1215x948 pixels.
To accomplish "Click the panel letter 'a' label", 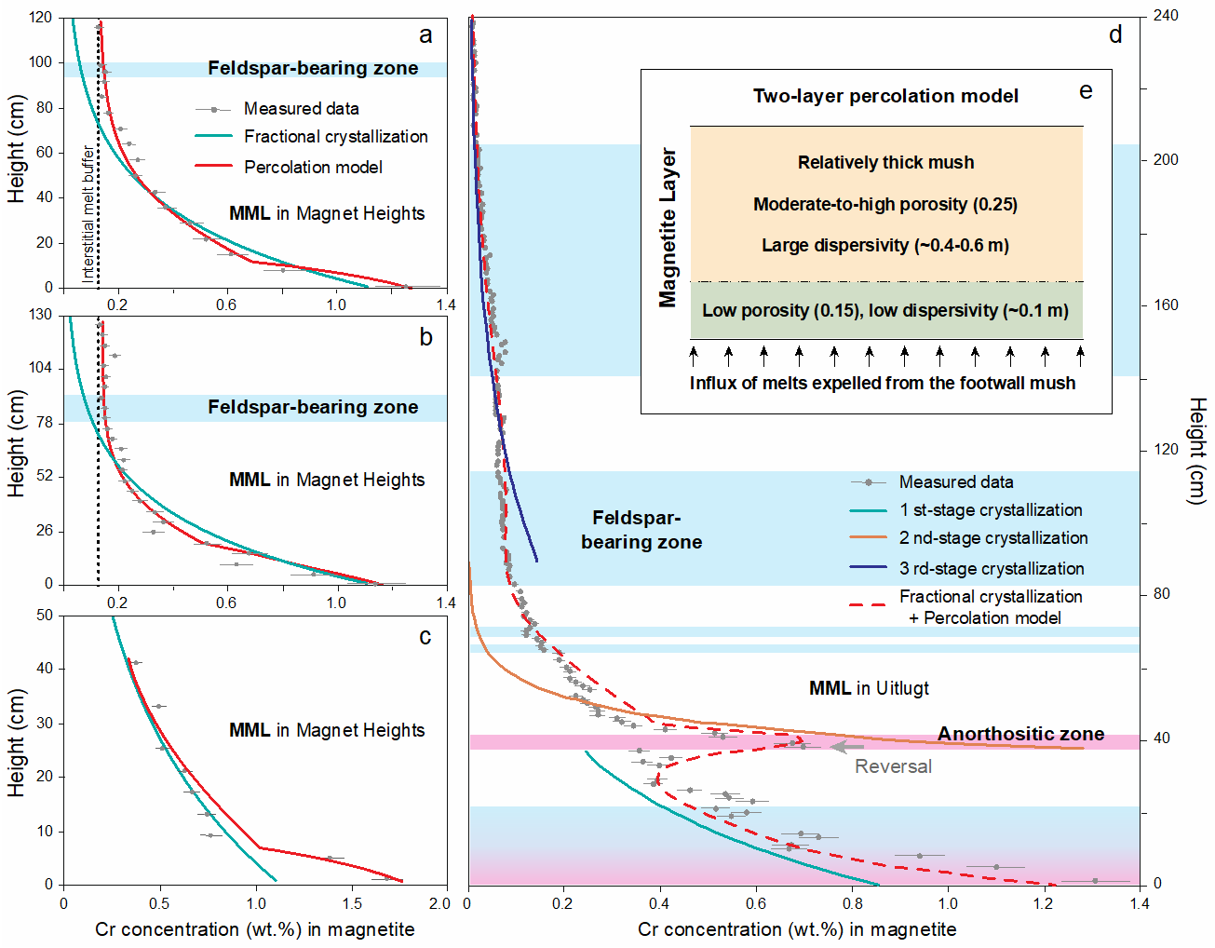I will pyautogui.click(x=425, y=36).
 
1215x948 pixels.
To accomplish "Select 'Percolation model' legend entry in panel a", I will pyautogui.click(x=313, y=168).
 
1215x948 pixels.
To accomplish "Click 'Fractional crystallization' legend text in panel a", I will pyautogui.click(x=335, y=137).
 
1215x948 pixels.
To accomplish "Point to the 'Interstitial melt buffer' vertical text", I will pyautogui.click(x=88, y=212).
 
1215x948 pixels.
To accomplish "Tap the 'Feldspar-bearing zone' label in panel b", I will pyautogui.click(x=313, y=407).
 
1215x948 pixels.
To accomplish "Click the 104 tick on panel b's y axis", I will pyautogui.click(x=40, y=368).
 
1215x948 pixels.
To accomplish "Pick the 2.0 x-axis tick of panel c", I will pyautogui.click(x=439, y=903).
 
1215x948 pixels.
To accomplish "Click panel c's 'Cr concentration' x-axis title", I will pyautogui.click(x=254, y=929).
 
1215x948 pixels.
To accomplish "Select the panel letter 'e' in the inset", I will pyautogui.click(x=1086, y=91).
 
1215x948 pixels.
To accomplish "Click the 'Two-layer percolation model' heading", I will pyautogui.click(x=885, y=96).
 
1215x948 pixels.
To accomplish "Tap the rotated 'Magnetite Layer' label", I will pyautogui.click(x=668, y=227).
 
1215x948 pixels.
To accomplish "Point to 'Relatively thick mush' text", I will pyautogui.click(x=885, y=162).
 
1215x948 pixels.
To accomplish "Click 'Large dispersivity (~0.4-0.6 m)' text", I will pyautogui.click(x=885, y=245).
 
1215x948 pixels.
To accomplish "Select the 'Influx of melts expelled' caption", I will pyautogui.click(x=882, y=383).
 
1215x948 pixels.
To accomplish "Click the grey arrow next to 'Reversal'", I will pyautogui.click(x=847, y=746).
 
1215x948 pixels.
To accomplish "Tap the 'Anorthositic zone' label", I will pyautogui.click(x=1020, y=734).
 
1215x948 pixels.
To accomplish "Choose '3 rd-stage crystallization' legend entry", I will pyautogui.click(x=991, y=568).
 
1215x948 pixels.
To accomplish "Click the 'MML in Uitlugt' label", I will pyautogui.click(x=869, y=688).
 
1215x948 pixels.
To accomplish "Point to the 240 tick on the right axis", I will pyautogui.click(x=1166, y=16).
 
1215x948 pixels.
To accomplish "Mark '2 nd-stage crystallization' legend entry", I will pyautogui.click(x=992, y=538).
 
